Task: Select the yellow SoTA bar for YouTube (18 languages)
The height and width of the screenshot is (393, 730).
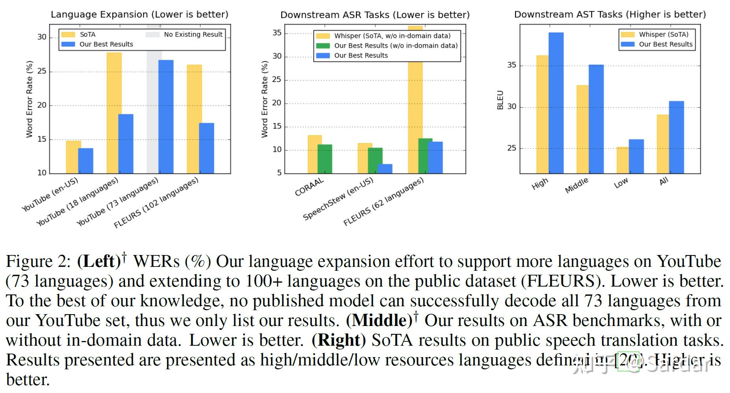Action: tap(114, 113)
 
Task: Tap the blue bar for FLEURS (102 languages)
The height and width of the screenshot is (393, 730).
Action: tap(207, 148)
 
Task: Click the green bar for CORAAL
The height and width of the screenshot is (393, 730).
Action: tap(325, 159)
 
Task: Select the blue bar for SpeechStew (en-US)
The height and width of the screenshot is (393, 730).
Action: tap(385, 169)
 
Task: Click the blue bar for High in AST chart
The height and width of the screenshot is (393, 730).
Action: tap(556, 103)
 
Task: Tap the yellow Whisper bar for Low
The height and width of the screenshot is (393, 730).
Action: tap(622, 160)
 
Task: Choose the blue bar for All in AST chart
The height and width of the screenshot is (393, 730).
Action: tap(676, 137)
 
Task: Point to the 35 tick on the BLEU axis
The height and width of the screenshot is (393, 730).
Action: tap(511, 65)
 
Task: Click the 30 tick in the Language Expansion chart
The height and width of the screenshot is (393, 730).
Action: tap(42, 37)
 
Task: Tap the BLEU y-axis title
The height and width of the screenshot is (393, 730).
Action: tap(500, 100)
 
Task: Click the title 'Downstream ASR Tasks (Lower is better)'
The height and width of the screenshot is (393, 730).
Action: tap(375, 15)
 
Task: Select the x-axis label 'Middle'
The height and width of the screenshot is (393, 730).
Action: tap(577, 185)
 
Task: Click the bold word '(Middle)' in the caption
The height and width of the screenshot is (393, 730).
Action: tap(379, 320)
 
